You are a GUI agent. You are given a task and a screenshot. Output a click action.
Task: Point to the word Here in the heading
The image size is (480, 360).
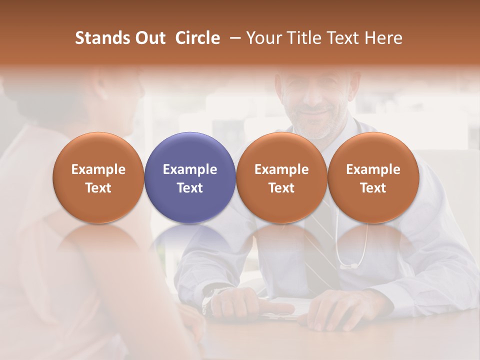tap(383, 38)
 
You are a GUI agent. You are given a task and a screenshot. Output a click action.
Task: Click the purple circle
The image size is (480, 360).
tap(190, 177)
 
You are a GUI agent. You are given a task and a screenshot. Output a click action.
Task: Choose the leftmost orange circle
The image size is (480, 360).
tap(98, 177)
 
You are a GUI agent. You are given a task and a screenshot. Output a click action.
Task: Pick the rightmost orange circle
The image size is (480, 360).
tap(373, 177)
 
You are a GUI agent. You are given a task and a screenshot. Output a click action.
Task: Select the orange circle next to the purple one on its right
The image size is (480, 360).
tap(281, 177)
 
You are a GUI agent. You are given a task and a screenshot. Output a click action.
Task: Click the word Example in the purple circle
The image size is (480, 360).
tap(190, 169)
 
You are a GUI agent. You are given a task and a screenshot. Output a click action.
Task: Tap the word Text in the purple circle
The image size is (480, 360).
tap(190, 188)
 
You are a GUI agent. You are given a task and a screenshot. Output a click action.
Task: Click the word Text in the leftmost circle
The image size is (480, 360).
tap(98, 188)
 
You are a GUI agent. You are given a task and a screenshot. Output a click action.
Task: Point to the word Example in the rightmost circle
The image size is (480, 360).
tap(373, 169)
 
